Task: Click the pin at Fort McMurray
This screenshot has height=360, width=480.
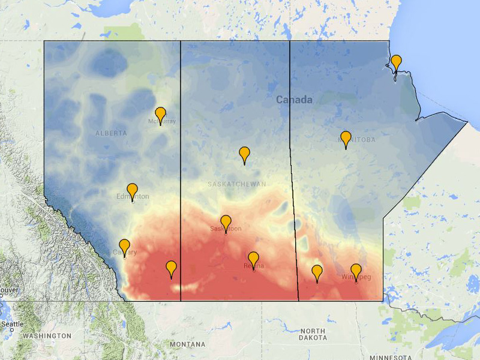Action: (160, 115)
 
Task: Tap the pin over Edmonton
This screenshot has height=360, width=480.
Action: (132, 191)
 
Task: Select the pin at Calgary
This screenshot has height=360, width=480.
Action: (124, 246)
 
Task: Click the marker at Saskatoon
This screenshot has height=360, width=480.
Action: (226, 223)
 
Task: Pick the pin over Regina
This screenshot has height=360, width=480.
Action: (253, 259)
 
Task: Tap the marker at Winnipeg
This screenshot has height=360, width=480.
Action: (356, 271)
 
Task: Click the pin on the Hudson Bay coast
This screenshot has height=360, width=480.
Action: (396, 62)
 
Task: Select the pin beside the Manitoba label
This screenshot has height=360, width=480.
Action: (346, 139)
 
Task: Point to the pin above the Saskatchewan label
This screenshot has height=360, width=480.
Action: (244, 154)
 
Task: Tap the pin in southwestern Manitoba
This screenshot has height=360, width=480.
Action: (317, 272)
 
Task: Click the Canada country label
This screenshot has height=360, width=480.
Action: (294, 100)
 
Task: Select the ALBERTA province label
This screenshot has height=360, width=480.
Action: (111, 133)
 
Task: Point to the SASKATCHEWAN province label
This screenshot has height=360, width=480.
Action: (236, 184)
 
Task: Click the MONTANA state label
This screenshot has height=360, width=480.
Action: (187, 344)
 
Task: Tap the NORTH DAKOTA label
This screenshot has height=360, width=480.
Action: (313, 334)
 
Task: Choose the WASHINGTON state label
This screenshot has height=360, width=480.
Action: (47, 336)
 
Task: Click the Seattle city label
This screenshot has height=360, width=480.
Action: (12, 324)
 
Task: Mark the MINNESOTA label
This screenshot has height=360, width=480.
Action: (390, 358)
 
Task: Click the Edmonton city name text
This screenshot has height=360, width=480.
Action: (133, 197)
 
